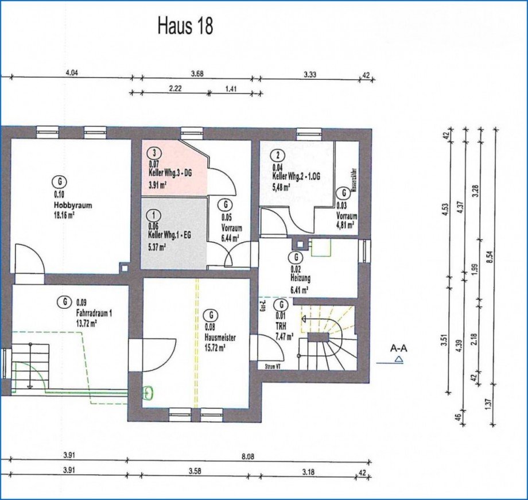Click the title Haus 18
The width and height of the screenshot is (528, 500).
click(x=185, y=26)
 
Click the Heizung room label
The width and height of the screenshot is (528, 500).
click(x=300, y=278)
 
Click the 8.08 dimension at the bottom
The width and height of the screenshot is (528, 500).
click(x=247, y=456)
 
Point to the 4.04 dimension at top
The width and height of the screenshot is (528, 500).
click(x=72, y=72)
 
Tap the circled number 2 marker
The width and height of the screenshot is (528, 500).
click(x=278, y=155)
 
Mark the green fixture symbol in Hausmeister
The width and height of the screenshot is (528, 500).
click(x=148, y=393)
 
